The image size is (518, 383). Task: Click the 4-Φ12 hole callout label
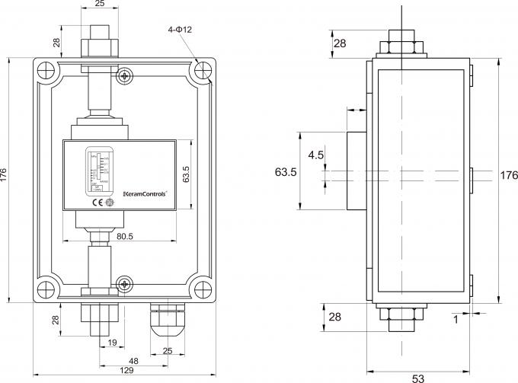pos(179,29)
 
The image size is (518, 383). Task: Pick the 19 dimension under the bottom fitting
pos(111,343)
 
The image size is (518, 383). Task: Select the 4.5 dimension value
pos(315,156)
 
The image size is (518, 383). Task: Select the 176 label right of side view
pos(508,175)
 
